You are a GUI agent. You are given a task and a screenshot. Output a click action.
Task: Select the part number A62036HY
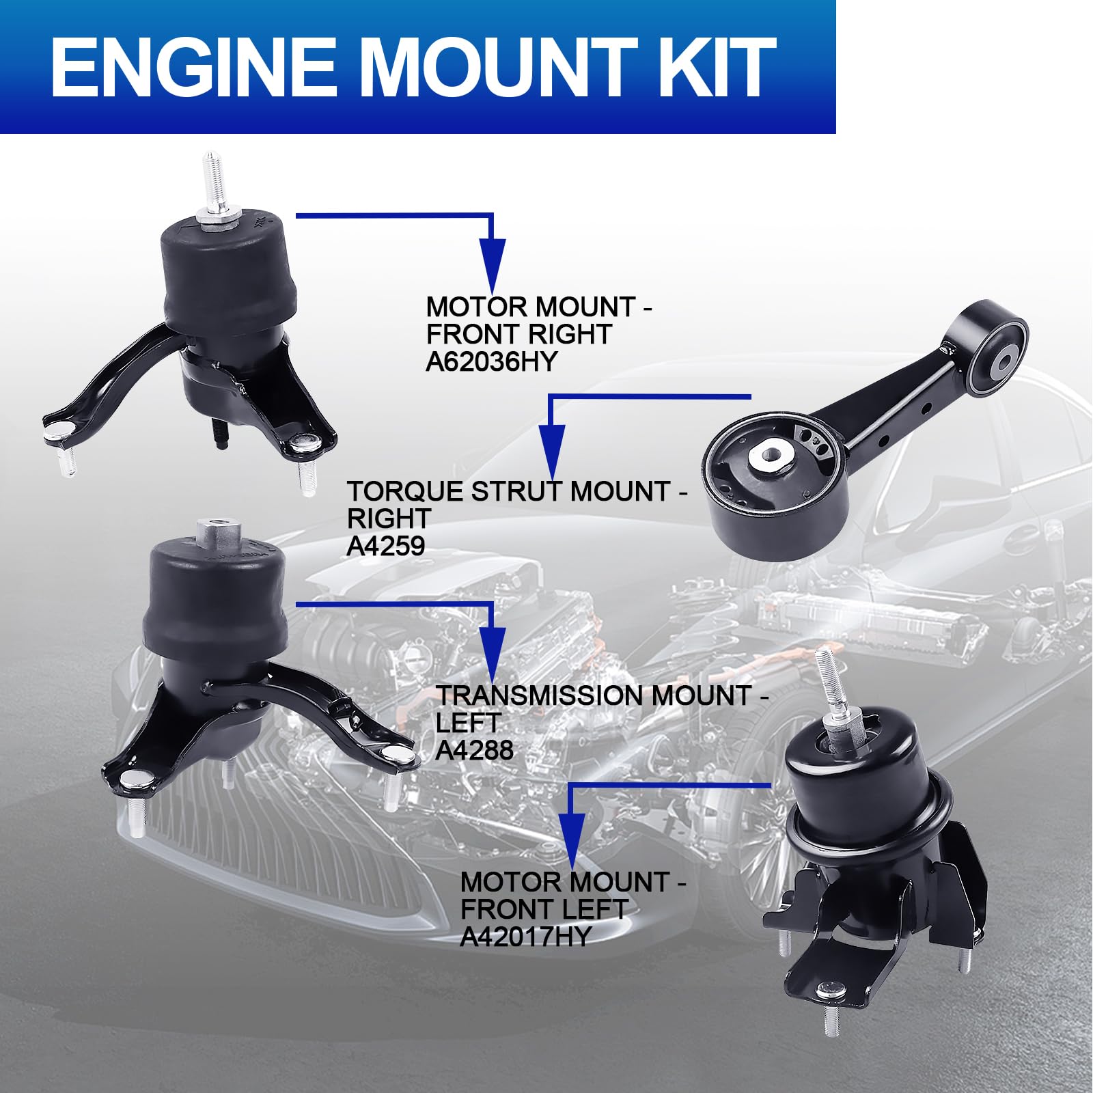491,361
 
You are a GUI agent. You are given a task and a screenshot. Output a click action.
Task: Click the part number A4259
386,546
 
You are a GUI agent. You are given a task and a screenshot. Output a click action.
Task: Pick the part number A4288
474,750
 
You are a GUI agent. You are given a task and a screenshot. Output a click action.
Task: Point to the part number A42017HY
525,937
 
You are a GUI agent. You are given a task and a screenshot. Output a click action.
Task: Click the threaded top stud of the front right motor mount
211,181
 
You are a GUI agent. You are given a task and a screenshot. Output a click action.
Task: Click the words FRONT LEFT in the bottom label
544,909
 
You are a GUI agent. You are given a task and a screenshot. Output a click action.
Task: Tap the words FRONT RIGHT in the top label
518,334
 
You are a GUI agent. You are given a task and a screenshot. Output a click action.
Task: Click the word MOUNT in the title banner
497,67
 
